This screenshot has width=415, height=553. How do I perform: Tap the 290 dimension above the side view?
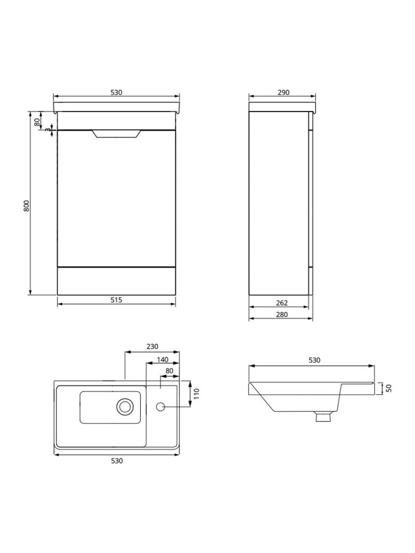coord(283,92)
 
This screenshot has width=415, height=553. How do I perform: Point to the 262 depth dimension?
coord(282,303)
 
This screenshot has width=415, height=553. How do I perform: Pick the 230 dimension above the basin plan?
coord(152,347)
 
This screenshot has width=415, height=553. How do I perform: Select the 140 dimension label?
coord(162,359)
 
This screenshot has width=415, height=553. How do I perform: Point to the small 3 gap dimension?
coord(47,130)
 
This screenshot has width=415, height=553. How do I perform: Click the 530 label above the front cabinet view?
coord(116,92)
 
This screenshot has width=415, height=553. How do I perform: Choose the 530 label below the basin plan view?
coord(117,461)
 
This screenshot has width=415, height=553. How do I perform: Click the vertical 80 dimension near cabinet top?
coord(37,122)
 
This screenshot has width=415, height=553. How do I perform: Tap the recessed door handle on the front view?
coord(116,134)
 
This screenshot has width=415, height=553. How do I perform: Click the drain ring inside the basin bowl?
coord(125,406)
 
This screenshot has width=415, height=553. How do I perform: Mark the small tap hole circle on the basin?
coord(161,407)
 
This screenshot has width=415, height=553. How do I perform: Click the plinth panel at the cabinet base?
coord(116,281)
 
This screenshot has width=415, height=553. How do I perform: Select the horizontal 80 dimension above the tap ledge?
coord(169,371)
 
